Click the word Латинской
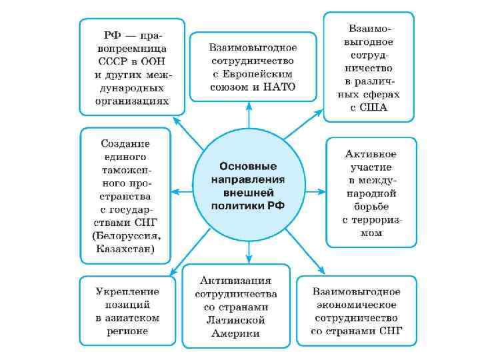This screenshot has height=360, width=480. [x=236, y=320]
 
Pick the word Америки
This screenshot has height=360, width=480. [x=236, y=333]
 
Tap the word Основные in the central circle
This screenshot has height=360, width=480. [x=248, y=166]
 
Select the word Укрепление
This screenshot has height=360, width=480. [x=127, y=291]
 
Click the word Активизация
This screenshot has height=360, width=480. [x=236, y=281]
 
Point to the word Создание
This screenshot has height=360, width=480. [x=125, y=143]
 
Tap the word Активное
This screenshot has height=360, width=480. [x=371, y=155]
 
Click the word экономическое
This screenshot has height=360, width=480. [x=357, y=304]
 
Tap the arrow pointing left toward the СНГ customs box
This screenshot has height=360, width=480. [x=183, y=192]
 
